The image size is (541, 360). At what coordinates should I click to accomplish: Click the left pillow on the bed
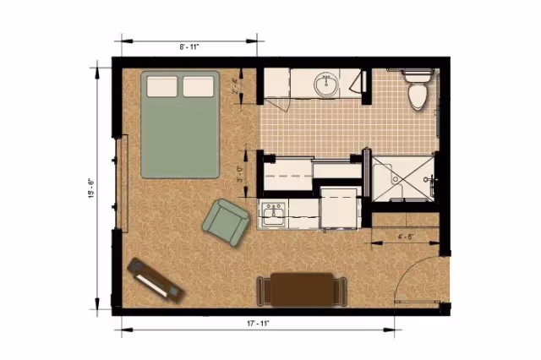pyautogui.click(x=161, y=85)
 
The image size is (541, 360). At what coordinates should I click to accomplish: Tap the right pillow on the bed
pyautogui.click(x=198, y=85)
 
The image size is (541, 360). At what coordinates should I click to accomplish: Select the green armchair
pyautogui.click(x=225, y=220)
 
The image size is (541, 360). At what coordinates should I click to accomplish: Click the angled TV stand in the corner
pyautogui.click(x=154, y=278)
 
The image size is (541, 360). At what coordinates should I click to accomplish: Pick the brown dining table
pyautogui.click(x=302, y=288)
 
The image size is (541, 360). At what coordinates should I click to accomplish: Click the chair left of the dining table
pyautogui.click(x=262, y=290)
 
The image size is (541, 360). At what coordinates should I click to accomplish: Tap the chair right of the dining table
pyautogui.click(x=342, y=290)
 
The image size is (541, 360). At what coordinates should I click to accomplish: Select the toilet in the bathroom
pyautogui.click(x=417, y=92)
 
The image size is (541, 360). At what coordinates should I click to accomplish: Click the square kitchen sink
pyautogui.click(x=274, y=215)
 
